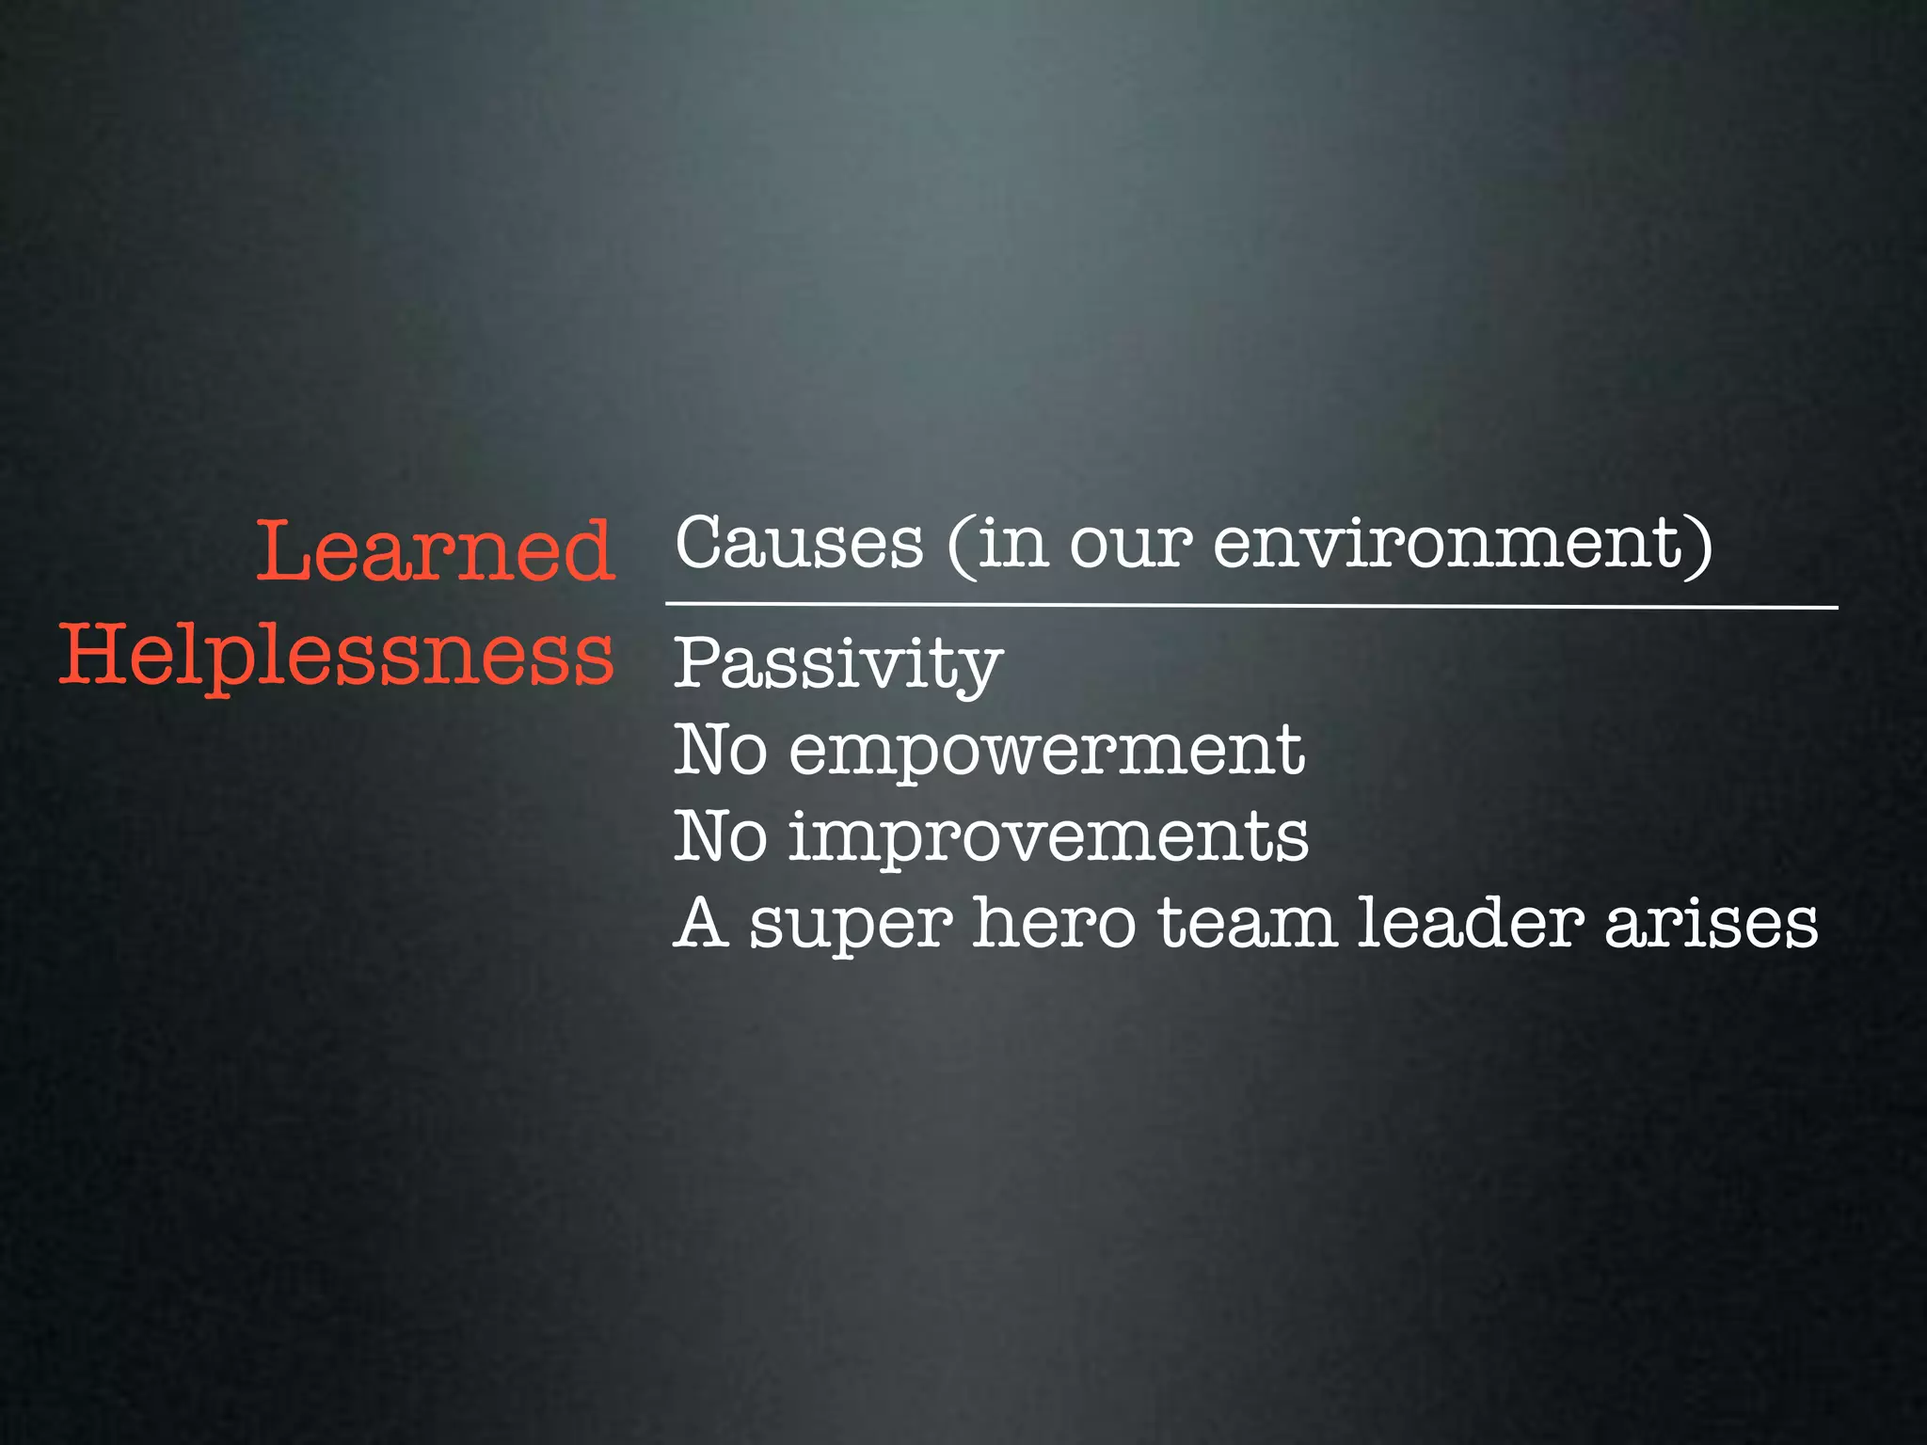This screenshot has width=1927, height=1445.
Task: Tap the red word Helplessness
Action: click(x=337, y=656)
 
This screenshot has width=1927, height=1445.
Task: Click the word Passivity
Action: click(x=837, y=664)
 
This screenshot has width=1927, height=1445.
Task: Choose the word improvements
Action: click(x=1048, y=837)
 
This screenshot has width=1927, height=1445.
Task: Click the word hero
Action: click(x=1054, y=923)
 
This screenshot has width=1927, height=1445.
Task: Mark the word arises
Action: click(x=1711, y=923)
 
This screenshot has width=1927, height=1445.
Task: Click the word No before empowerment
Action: click(x=720, y=751)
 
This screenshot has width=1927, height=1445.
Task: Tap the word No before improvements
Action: click(x=720, y=837)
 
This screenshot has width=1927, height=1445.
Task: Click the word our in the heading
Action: click(x=1130, y=545)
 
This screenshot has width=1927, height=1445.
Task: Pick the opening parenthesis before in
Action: click(x=961, y=546)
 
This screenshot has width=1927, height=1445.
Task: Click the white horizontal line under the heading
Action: click(x=1251, y=605)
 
